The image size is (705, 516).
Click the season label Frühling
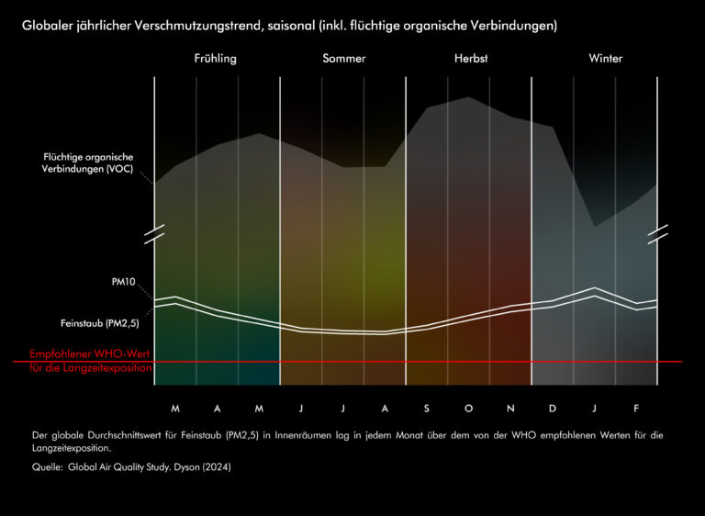point(215,59)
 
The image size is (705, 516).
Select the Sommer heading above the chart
point(344,59)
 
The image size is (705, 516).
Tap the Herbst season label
point(471,59)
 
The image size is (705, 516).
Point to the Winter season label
point(606,59)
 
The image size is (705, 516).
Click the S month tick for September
point(426,408)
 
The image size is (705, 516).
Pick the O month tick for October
point(468,408)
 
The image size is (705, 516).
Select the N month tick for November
point(510,408)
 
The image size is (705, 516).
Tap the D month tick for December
point(553,408)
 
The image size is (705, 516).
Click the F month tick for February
point(636,408)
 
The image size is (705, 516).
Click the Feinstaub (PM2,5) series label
point(100,323)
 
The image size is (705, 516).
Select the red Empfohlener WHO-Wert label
point(89,354)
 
